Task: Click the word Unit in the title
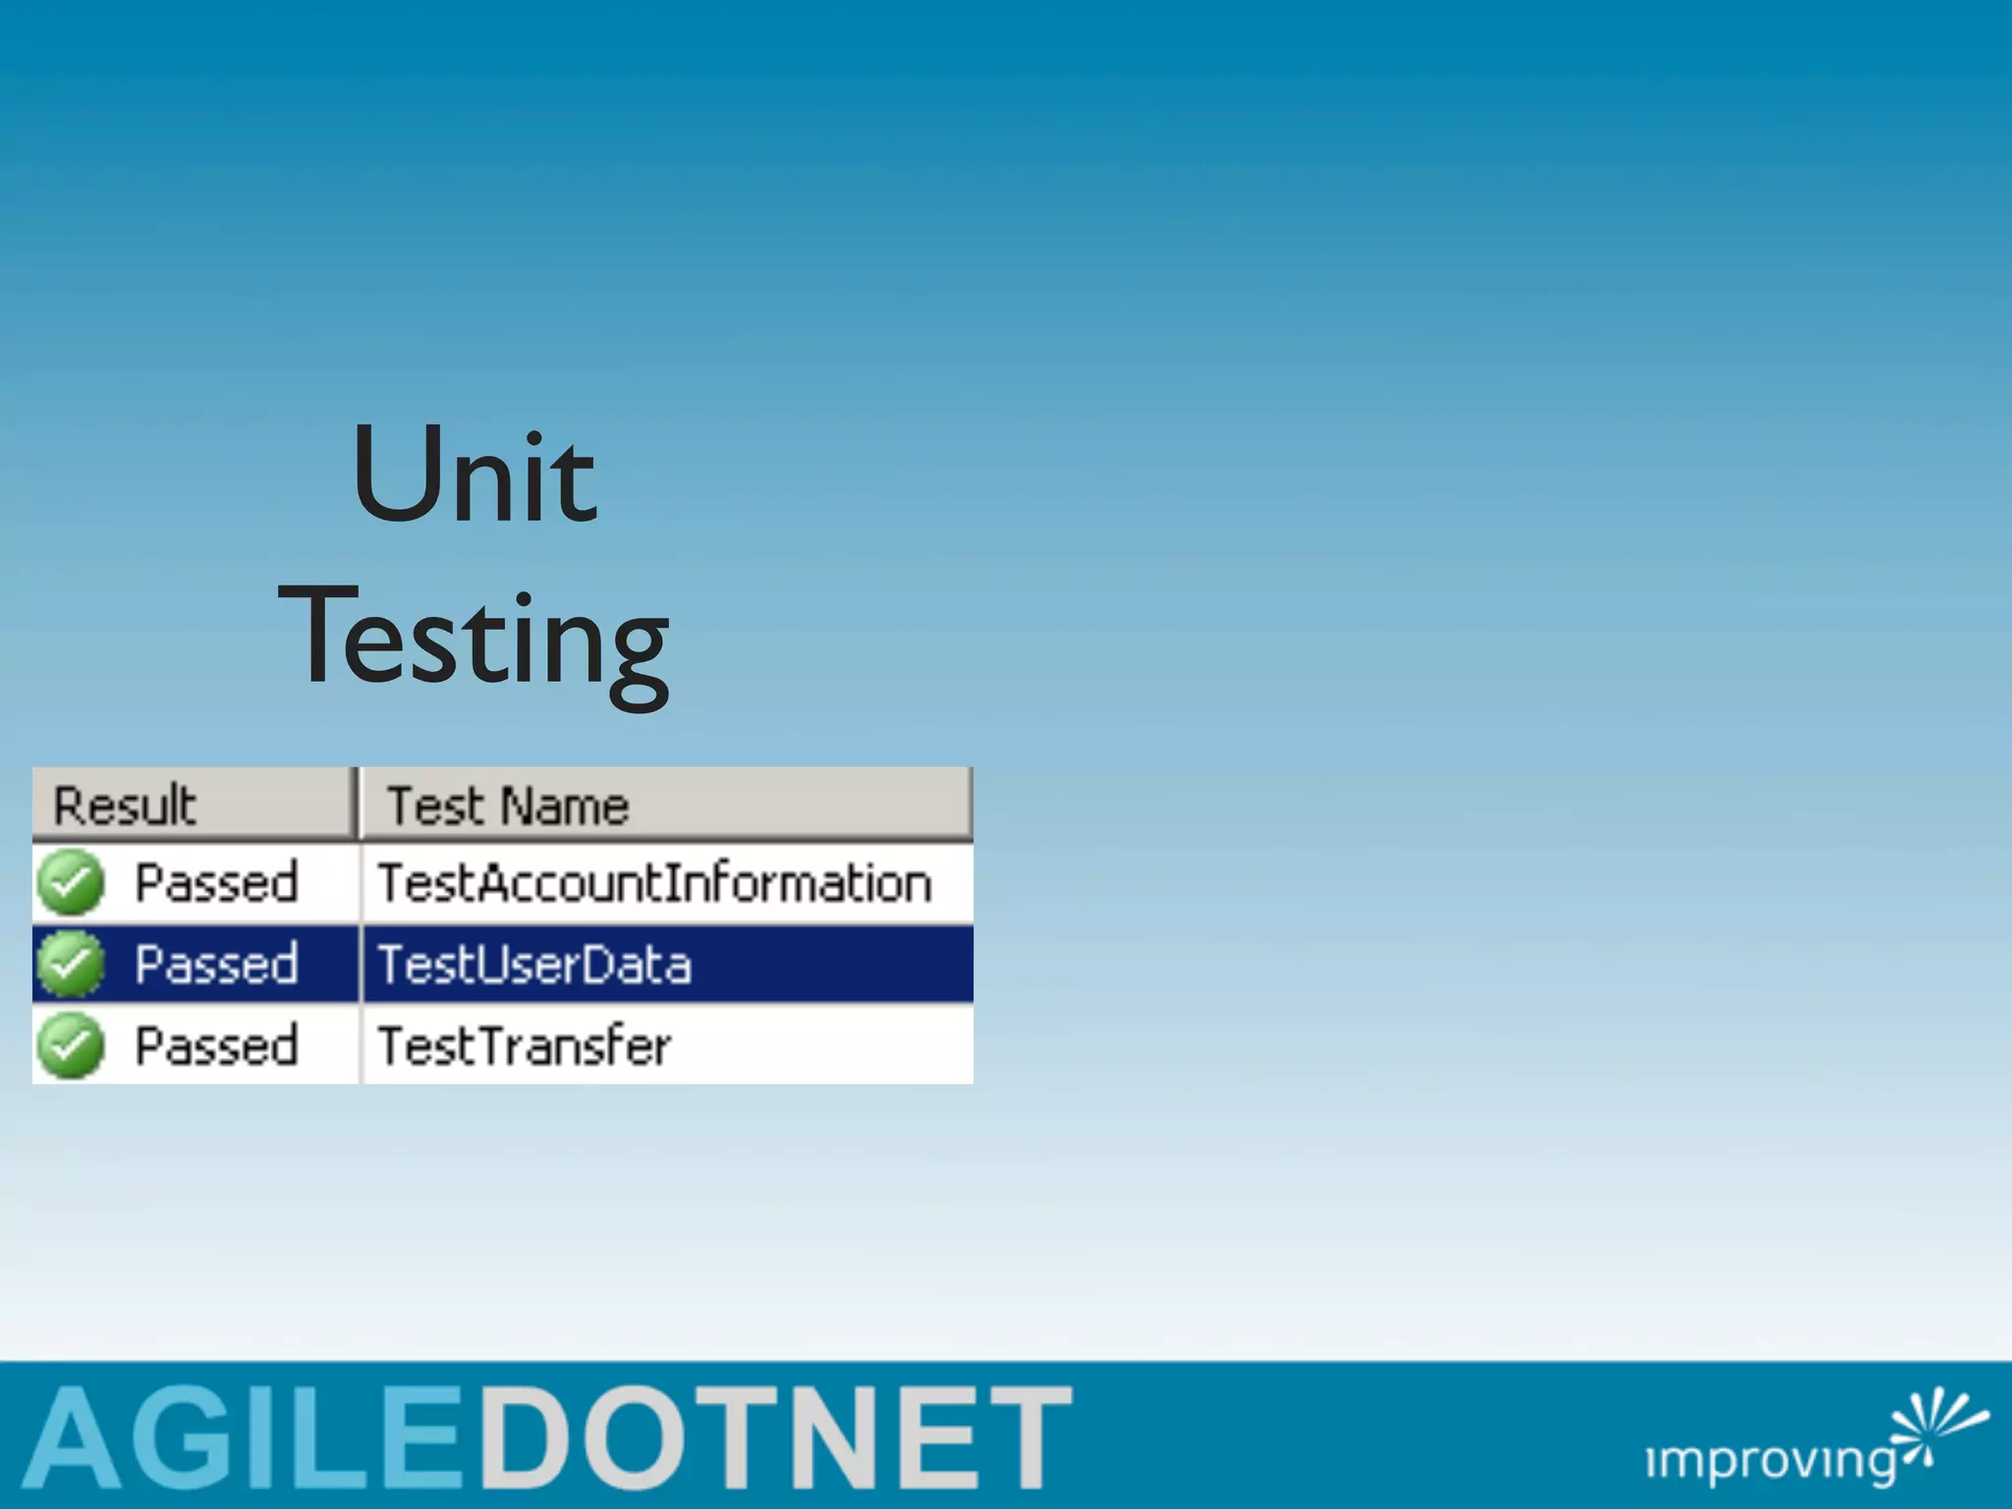click(474, 477)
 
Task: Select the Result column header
click(126, 806)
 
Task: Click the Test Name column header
click(508, 806)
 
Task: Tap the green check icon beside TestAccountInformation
click(71, 882)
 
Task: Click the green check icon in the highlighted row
click(71, 964)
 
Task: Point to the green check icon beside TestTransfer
click(71, 1045)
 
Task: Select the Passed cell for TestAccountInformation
click(216, 882)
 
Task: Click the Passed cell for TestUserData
click(216, 964)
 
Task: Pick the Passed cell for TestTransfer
click(216, 1045)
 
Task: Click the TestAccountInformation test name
click(654, 882)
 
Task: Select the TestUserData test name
click(534, 964)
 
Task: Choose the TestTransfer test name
click(525, 1045)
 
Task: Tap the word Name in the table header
click(565, 806)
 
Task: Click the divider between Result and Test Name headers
click(358, 804)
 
